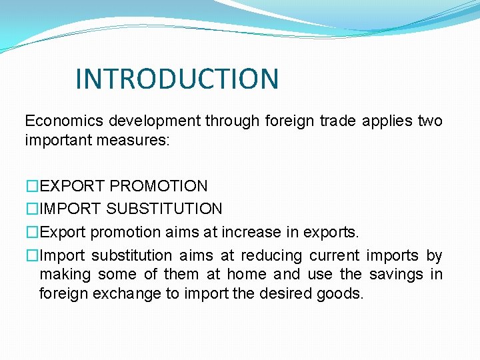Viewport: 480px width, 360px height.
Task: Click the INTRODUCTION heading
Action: (177, 79)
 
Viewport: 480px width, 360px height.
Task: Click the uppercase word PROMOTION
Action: (159, 186)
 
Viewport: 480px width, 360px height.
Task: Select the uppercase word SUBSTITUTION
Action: (165, 209)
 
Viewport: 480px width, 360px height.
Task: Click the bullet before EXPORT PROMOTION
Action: (32, 186)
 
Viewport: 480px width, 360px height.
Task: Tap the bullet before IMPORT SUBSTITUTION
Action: (32, 209)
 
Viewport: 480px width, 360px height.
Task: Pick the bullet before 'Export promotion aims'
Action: (32, 233)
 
